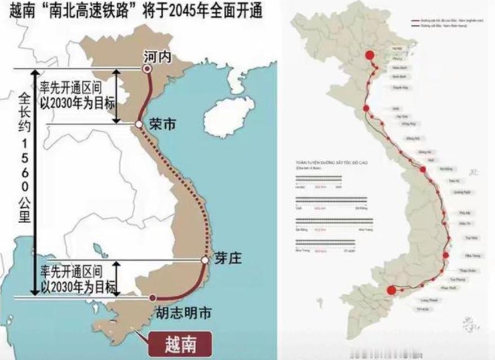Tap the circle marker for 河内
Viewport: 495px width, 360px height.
(x=147, y=69)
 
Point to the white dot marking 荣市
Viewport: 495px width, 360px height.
(x=139, y=124)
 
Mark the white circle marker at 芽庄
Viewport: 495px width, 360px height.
(x=205, y=260)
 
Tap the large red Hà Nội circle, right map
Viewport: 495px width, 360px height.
(x=369, y=55)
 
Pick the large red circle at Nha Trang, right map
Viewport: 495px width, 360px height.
(x=447, y=255)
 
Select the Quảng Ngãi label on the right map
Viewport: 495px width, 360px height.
(x=462, y=192)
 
